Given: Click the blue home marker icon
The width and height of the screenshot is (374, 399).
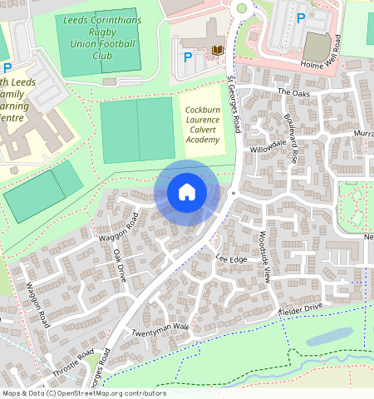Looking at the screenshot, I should tap(187, 192).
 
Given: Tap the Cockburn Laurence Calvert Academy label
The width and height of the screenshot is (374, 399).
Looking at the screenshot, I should tap(202, 125).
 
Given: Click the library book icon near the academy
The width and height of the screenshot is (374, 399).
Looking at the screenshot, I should tap(219, 52).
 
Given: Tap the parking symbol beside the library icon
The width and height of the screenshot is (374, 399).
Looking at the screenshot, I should tap(188, 57).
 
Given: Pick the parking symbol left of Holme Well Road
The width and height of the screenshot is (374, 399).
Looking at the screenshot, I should tap(300, 16).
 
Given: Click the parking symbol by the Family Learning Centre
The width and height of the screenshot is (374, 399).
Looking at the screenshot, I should tap(7, 67).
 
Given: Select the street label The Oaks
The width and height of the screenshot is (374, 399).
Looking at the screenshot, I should tap(293, 91).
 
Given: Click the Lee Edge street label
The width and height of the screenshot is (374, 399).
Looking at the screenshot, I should tap(232, 259).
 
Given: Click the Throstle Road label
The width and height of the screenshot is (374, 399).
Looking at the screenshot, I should tap(74, 366).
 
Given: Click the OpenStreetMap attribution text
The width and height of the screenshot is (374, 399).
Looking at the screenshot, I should tap(83, 393).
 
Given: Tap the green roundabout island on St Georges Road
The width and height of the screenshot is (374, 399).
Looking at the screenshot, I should tap(242, 8).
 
